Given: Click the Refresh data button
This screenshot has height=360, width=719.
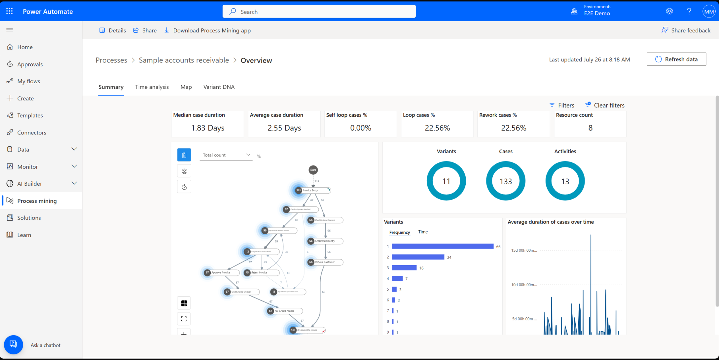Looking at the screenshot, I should [x=676, y=59].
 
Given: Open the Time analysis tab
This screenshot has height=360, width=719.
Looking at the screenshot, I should [x=152, y=87].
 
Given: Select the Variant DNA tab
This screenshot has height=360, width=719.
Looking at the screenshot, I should [x=219, y=87].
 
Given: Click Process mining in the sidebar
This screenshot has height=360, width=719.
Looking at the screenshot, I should [x=37, y=201].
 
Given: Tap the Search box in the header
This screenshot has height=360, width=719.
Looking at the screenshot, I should [x=319, y=12].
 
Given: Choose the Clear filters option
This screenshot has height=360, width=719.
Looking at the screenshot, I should [x=605, y=105].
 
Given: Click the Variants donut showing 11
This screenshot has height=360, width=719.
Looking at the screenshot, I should [x=446, y=181].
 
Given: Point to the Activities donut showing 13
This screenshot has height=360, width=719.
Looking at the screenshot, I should [x=565, y=181].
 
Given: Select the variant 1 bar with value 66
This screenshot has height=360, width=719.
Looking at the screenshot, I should [x=442, y=246].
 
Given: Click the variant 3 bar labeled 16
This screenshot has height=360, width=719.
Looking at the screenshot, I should [x=404, y=268].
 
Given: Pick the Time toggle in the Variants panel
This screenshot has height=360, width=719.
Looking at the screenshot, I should [x=423, y=232].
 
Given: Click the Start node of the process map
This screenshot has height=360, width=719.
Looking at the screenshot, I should [x=313, y=170].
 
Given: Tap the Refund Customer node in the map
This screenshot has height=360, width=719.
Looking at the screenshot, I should [x=325, y=262].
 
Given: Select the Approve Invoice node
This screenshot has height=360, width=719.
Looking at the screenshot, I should [x=221, y=273].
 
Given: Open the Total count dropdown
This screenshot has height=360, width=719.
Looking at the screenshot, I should [x=226, y=155].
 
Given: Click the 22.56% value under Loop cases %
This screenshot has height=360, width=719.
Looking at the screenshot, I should [x=437, y=128].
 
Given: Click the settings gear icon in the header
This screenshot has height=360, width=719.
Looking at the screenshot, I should [x=669, y=12].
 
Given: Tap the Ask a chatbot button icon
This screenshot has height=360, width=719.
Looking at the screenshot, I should [x=13, y=344].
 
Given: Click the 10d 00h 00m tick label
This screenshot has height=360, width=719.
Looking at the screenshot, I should [x=523, y=285].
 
